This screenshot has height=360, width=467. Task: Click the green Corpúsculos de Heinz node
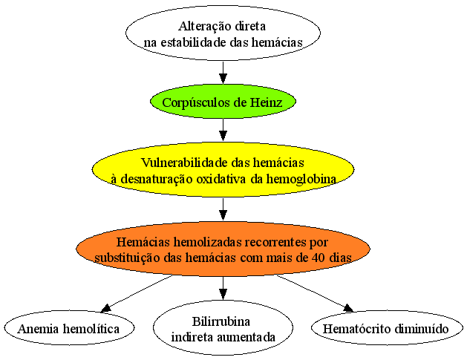coord(223,102)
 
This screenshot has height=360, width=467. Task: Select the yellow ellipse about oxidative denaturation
coord(223,169)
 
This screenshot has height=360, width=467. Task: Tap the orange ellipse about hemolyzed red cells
coord(223,249)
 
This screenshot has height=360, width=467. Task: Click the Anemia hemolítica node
coord(69,328)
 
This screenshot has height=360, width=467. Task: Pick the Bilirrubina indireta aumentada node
coord(223,328)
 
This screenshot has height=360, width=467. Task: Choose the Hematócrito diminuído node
coord(387,328)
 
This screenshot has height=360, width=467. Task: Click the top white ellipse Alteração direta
coord(223,33)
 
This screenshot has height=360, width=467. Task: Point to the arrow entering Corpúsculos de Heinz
coord(223,72)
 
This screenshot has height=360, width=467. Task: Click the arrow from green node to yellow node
coord(223,131)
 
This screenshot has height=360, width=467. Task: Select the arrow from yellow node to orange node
coord(223,209)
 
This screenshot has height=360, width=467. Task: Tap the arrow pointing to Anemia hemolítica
coord(137,294)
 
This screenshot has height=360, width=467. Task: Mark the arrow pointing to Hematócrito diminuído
coord(315,294)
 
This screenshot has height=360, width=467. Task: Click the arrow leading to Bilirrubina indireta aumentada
coord(223,288)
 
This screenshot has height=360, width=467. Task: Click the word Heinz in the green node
coord(266,102)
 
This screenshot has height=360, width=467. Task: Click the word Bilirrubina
coord(221,321)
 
